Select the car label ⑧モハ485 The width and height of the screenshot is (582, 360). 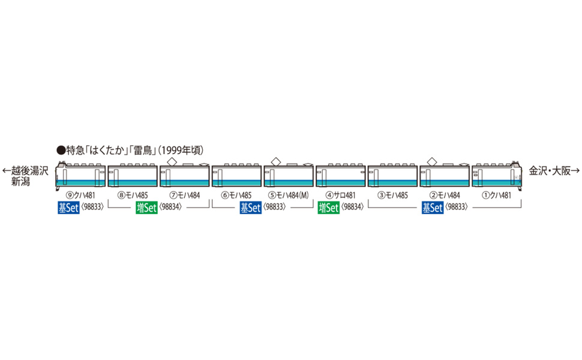pyautogui.click(x=132, y=195)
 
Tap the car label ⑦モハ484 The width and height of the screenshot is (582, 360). pyautogui.click(x=184, y=195)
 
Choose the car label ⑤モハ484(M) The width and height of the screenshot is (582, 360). pyautogui.click(x=289, y=195)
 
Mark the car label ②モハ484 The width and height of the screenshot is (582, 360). pyautogui.click(x=445, y=195)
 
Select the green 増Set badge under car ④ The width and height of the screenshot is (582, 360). pyautogui.click(x=328, y=208)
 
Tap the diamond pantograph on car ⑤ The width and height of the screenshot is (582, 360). pyautogui.click(x=275, y=160)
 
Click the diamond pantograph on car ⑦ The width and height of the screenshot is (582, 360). pyautogui.click(x=172, y=160)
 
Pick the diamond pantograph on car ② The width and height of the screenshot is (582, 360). pyautogui.click(x=432, y=160)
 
